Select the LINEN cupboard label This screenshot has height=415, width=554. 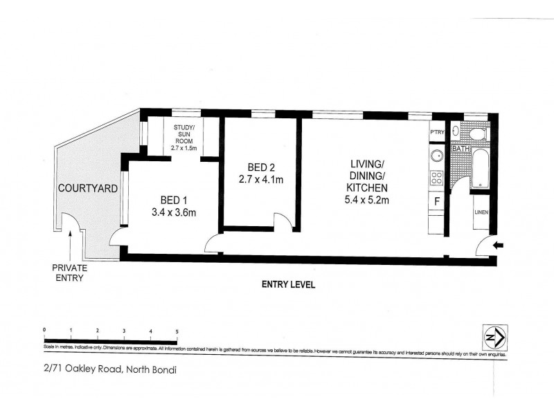[482, 212]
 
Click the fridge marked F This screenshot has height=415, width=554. [437, 201]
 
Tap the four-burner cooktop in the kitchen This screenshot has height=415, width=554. [437, 178]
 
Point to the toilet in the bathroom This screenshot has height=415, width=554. [478, 133]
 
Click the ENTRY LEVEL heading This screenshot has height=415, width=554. [289, 284]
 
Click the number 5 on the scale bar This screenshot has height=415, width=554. [178, 331]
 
